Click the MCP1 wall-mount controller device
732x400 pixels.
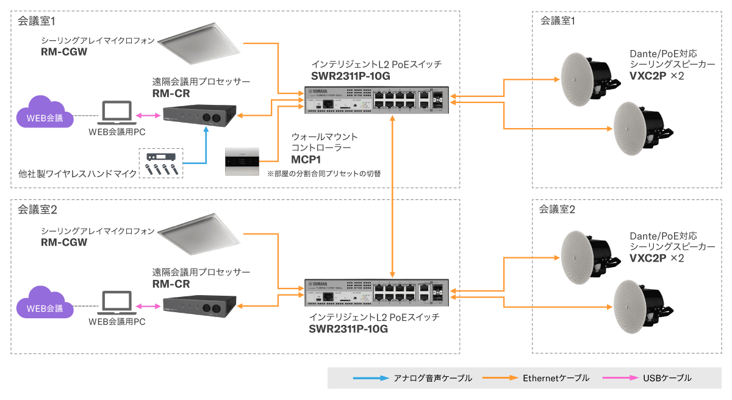coord(243,161)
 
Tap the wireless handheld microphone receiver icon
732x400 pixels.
coord(161,163)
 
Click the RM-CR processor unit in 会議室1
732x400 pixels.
coord(199,116)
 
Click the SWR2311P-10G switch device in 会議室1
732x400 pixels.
coord(376,99)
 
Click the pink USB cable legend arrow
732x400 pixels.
coord(620,378)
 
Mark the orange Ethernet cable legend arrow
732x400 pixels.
coord(500,378)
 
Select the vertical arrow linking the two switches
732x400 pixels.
coord(393,196)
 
